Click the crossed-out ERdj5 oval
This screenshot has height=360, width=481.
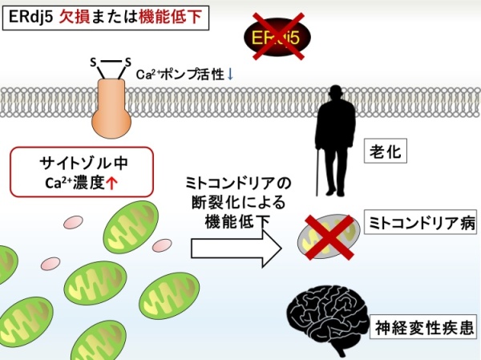(277, 37)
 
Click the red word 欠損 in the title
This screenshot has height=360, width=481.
(75, 17)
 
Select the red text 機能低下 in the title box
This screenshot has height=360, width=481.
(171, 17)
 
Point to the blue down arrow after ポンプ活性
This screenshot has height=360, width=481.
(230, 75)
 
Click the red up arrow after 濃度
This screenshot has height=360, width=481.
(111, 184)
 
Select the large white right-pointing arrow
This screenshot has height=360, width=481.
(236, 249)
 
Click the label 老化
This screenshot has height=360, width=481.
(386, 151)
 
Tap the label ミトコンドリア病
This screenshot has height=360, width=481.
(421, 223)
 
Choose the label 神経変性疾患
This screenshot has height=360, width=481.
(423, 327)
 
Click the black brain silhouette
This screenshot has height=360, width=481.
(327, 320)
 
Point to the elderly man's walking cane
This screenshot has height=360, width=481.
(318, 172)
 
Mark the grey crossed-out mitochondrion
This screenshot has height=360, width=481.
(329, 237)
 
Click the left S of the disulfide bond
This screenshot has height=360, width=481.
(93, 63)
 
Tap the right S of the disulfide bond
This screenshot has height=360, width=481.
(128, 62)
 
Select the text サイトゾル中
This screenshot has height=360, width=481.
(83, 163)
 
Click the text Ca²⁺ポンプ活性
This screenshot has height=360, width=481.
(180, 75)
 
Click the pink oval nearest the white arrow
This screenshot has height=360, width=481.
(162, 245)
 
